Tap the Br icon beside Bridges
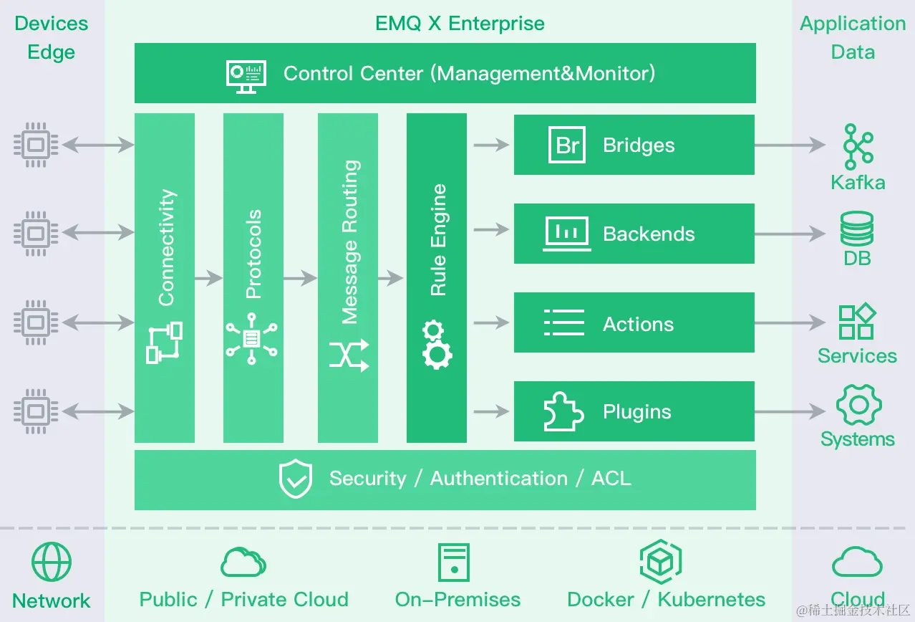tap(567, 145)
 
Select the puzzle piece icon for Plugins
tap(563, 411)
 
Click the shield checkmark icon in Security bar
tap(295, 479)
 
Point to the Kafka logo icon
tap(857, 147)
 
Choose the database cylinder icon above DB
tap(856, 229)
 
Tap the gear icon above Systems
tap(858, 406)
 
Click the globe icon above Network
tap(52, 562)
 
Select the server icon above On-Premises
tap(454, 563)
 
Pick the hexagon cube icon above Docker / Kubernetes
tap(660, 563)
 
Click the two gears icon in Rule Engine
tap(437, 345)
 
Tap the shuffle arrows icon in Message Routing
tap(349, 355)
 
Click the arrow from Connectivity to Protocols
tap(208, 277)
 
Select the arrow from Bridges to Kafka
tap(790, 145)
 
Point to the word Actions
tap(638, 324)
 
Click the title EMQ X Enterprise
tap(460, 24)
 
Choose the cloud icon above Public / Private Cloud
tap(243, 563)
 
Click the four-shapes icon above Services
tap(857, 322)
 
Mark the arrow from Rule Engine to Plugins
tap(491, 412)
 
